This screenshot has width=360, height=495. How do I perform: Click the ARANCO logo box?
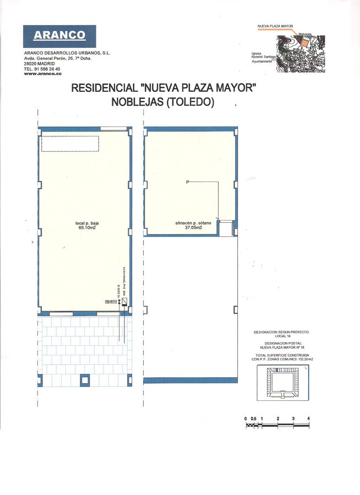coord(59,36)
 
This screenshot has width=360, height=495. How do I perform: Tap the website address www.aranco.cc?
coord(42,74)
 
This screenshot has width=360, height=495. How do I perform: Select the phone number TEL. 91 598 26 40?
coord(42,69)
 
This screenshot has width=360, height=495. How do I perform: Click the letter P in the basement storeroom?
coord(187,182)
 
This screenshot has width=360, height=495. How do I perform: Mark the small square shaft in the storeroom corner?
coord(225,228)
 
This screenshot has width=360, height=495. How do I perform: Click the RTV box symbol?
coord(114,302)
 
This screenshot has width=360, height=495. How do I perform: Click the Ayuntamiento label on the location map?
coord(262,62)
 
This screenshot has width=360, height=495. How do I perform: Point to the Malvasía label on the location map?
coord(306,34)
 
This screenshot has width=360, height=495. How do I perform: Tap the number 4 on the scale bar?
coord(309,419)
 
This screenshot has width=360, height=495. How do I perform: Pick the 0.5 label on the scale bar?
coord(253,419)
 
